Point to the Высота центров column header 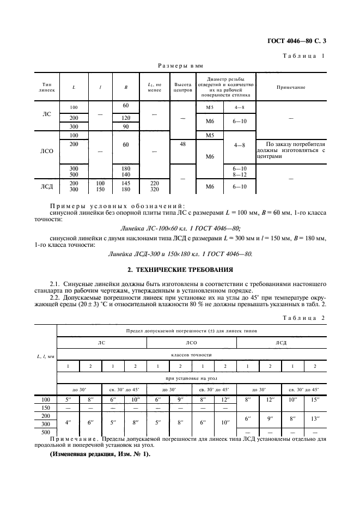click(182, 87)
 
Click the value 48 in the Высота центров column click(182, 144)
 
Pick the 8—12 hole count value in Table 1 click(240, 174)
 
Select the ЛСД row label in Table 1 click(47, 187)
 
